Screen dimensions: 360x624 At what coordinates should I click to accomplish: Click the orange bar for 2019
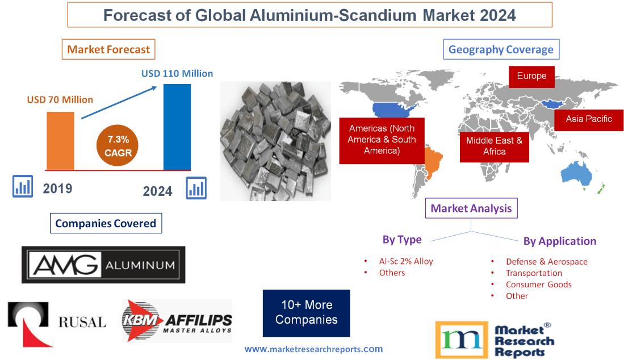coord(60,140)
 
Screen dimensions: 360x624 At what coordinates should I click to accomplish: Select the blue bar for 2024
coord(177,127)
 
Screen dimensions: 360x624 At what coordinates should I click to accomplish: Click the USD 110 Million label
coord(177,73)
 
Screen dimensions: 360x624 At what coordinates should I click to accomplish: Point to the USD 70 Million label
coord(60,100)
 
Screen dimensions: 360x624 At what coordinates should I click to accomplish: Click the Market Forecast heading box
coord(108,49)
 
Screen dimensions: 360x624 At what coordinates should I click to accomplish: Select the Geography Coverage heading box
coord(501,49)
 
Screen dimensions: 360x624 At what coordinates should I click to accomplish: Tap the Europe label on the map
coord(531,76)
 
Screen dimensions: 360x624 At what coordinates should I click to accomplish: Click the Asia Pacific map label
coord(589,119)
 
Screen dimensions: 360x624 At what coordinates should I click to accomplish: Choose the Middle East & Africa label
coord(494,146)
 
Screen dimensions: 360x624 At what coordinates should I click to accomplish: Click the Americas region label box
coord(382,140)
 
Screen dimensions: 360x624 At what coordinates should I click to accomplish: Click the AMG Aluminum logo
coord(103,265)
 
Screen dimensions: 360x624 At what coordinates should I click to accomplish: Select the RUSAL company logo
coord(57,323)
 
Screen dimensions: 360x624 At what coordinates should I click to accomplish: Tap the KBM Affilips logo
coord(177,321)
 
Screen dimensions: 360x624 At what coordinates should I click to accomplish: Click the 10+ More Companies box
coord(306,313)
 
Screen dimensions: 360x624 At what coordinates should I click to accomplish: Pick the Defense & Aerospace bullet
coord(546,262)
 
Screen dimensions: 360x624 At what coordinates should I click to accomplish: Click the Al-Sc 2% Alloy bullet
coord(405,262)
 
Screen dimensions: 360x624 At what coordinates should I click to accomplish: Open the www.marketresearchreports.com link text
coord(313,349)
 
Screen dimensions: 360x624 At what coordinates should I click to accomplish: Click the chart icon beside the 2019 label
coord(23,186)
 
